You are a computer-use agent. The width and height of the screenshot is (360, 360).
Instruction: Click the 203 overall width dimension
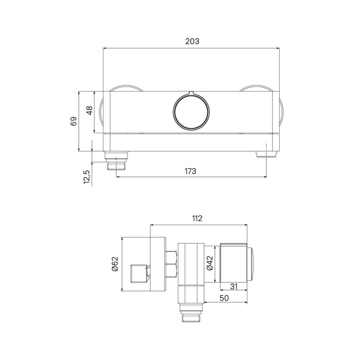click(x=192, y=41)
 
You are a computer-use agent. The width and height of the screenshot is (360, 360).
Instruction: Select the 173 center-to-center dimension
click(x=190, y=171)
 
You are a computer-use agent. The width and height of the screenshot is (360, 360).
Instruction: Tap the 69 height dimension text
click(x=74, y=121)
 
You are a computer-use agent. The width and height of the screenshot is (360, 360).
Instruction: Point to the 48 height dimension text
click(x=89, y=111)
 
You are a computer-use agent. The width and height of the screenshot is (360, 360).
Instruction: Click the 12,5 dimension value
click(x=87, y=177)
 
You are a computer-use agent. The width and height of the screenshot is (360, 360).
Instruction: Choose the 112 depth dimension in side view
click(x=197, y=219)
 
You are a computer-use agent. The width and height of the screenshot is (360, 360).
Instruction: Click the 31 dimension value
click(x=233, y=286)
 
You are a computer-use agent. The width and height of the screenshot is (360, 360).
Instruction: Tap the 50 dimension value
click(x=224, y=298)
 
